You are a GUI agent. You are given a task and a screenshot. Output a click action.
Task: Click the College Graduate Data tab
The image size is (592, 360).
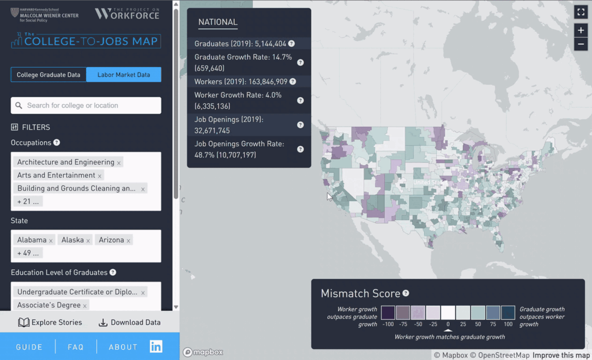pos(49,75)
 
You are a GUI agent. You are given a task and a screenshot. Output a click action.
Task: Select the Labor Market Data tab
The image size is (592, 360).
pos(124,75)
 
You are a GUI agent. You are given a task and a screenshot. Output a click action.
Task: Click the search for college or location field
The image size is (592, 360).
pos(86,105)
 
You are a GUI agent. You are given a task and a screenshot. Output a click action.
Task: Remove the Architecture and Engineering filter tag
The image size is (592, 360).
pos(119,163)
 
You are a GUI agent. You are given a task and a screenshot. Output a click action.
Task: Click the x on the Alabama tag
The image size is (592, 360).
pos(51,240)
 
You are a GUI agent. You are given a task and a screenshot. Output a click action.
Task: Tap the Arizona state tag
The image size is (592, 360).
pos(111,240)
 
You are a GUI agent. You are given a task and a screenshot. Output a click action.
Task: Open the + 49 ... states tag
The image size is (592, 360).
pos(28,253)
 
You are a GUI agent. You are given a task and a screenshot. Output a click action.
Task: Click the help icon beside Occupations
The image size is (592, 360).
pos(57,143)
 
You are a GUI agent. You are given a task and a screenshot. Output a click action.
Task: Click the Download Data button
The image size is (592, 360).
pos(129,322)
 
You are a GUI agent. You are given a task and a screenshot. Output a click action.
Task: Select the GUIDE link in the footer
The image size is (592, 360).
pos(29,347)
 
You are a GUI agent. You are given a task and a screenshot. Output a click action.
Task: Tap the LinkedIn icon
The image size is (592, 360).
pos(156,347)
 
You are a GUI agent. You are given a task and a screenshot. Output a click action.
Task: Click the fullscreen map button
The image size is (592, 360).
pos(581,12)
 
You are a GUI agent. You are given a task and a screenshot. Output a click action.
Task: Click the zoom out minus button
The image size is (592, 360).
pos(581,44)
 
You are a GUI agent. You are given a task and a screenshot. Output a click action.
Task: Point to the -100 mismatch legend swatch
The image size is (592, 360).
pos(388,313)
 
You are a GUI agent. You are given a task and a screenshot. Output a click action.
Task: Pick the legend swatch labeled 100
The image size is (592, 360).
pos(508,313)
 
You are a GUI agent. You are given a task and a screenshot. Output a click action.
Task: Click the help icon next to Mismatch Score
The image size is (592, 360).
pos(406,294)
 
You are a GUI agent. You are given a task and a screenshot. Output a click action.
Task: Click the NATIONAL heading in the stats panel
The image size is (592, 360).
pos(218,23)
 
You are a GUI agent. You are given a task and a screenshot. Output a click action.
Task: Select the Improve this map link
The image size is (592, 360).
pos(561,355)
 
